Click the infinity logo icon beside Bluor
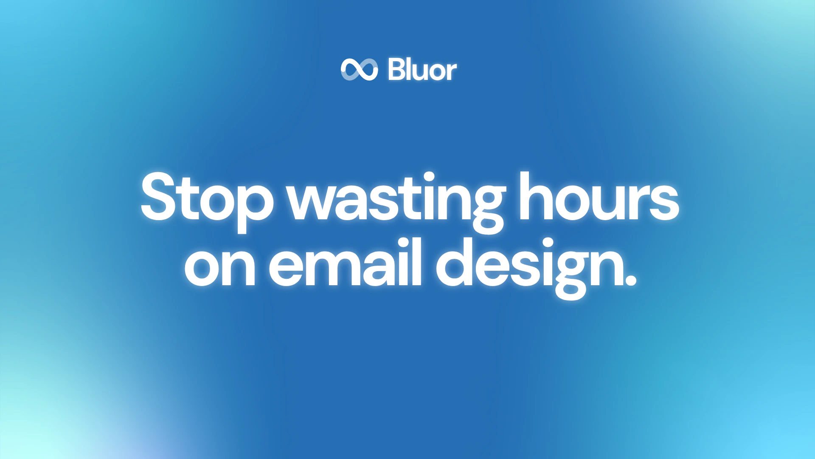(359, 69)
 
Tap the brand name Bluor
(422, 70)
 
